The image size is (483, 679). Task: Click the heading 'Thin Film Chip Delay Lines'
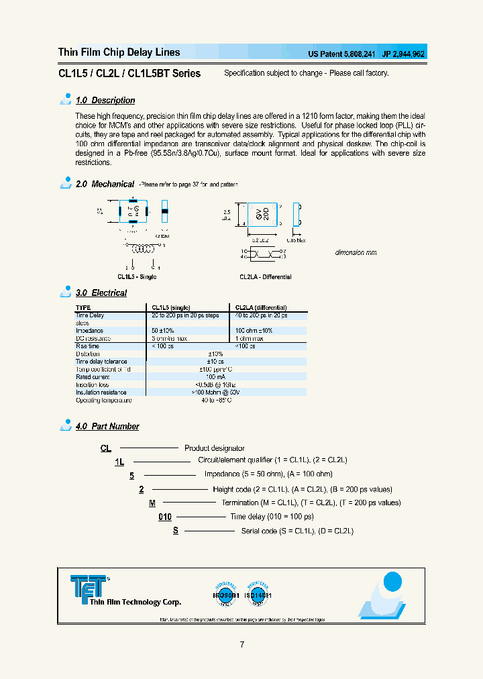pos(119,52)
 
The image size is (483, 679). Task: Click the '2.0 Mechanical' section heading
pos(105,184)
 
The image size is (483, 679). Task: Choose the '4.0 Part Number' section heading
pos(107,427)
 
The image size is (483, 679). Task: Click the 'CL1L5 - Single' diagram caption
pos(137,277)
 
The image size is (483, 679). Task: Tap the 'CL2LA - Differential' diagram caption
pos(265,277)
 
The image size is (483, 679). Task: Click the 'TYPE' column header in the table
pos(83,307)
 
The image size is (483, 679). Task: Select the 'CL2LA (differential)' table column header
pos(261,307)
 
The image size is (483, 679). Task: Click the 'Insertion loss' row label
pos(92,384)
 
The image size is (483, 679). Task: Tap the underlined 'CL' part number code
pos(105,448)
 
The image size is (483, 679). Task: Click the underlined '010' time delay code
pos(165,517)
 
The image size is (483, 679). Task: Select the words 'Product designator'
pos(214,448)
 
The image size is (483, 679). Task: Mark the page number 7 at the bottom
pos(241,645)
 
